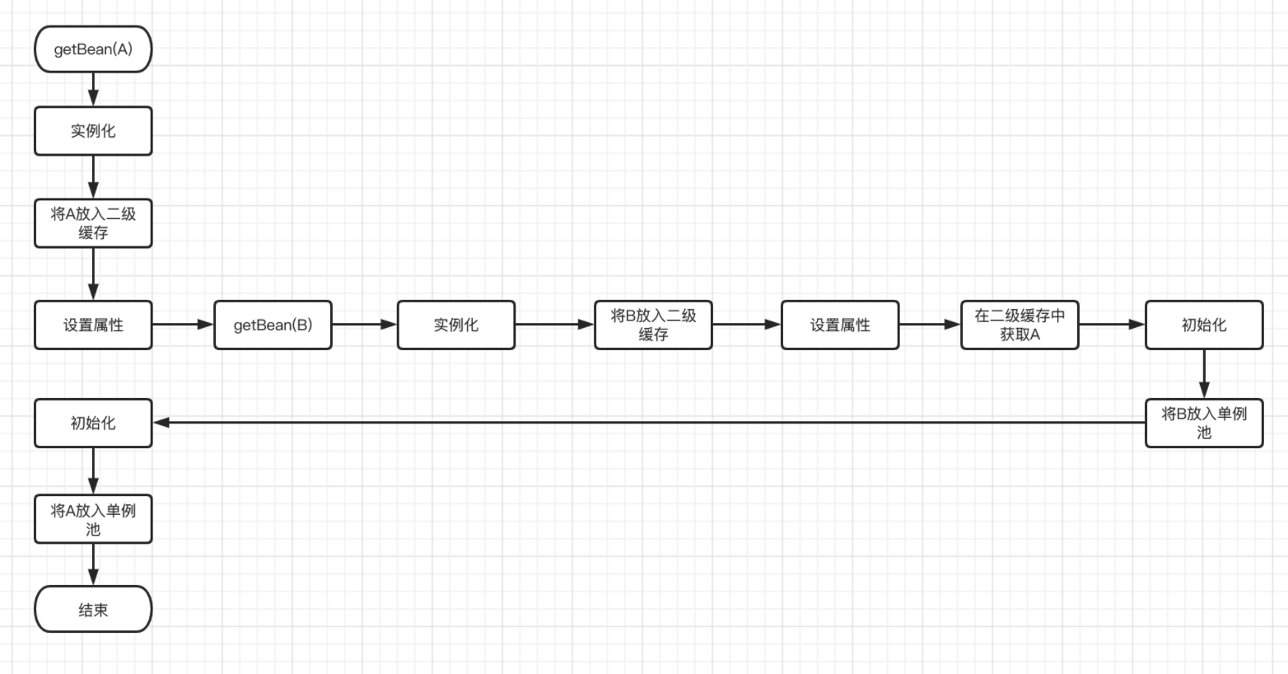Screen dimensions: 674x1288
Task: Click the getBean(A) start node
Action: [x=93, y=49]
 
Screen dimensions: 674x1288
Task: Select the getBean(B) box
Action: [x=273, y=325]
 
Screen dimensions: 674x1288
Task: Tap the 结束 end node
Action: [x=93, y=610]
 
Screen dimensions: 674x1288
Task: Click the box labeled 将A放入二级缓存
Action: [x=93, y=223]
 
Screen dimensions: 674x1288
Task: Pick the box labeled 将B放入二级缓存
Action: [x=653, y=325]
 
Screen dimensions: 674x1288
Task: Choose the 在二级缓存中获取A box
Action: [x=1020, y=325]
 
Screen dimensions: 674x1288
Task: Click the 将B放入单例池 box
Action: [x=1203, y=423]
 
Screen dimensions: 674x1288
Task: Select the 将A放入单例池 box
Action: [x=93, y=519]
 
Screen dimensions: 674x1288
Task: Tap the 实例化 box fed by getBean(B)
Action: [x=456, y=325]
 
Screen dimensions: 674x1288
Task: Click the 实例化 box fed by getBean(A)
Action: [x=93, y=131]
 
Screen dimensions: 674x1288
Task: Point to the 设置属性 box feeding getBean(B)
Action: [x=93, y=325]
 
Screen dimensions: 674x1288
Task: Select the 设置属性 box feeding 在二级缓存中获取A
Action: [x=840, y=325]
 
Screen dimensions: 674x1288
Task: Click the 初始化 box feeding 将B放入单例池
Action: [x=1203, y=325]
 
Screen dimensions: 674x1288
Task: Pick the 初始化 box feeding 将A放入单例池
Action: [x=93, y=423]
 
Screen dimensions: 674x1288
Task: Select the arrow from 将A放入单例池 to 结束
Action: [x=93, y=564]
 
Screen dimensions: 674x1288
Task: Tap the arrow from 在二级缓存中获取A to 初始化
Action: [x=1112, y=325]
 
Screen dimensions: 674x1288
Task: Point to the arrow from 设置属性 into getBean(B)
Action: [x=183, y=325]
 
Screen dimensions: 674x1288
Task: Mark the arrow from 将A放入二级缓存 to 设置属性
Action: [x=93, y=274]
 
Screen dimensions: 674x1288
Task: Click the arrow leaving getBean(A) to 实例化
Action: [x=93, y=89]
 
